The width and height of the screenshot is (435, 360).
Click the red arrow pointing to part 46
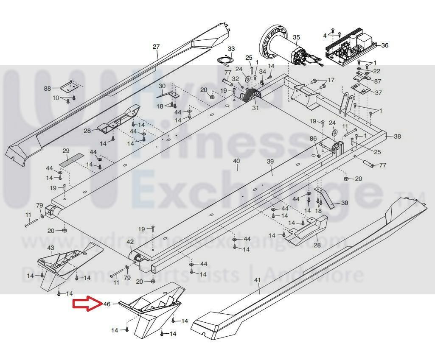point(86,304)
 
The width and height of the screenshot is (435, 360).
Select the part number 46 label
point(107,304)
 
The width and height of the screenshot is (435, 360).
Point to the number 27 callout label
point(156,47)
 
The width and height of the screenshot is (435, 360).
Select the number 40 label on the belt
point(236,161)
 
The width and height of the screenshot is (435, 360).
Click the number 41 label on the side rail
point(257,280)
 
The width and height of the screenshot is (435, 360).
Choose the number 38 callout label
point(397,137)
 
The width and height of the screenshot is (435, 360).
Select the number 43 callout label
point(50,247)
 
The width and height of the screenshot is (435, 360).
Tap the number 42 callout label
point(130,242)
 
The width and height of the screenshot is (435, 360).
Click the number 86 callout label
point(313,139)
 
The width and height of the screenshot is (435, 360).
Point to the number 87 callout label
point(378,81)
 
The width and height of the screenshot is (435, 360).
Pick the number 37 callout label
point(378,92)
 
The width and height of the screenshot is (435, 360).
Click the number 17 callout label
point(331,80)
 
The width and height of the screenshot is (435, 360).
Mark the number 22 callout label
point(377,71)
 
